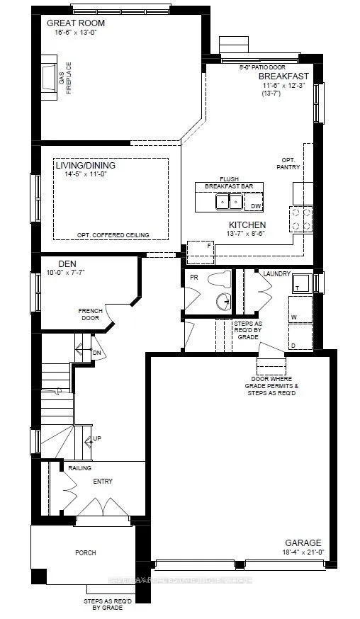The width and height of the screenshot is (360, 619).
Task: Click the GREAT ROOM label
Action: (x=74, y=23)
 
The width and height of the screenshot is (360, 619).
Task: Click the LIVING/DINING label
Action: (x=85, y=166)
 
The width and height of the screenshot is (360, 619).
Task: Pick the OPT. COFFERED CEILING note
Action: (x=117, y=234)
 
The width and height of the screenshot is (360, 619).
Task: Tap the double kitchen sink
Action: (x=230, y=203)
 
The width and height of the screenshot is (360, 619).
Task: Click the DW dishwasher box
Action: (x=257, y=206)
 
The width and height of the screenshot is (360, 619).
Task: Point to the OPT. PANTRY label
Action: (x=289, y=164)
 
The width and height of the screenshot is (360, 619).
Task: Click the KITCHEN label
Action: (x=247, y=225)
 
